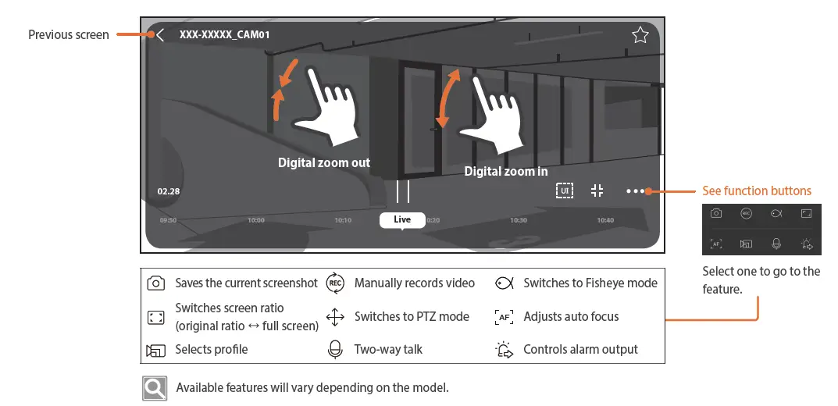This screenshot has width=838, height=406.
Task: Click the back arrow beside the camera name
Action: [x=160, y=35]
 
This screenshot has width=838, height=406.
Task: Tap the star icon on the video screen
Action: [x=640, y=35]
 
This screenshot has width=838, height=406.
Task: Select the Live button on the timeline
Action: [x=402, y=220]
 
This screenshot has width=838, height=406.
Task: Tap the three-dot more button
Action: [x=635, y=191]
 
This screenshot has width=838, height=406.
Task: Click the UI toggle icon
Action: [x=565, y=191]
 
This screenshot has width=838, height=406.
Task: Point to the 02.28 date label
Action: [x=169, y=191]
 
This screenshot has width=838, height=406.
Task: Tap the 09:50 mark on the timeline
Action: [x=168, y=221]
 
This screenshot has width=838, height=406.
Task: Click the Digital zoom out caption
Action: [x=324, y=163]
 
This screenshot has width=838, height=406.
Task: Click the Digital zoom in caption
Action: [x=506, y=171]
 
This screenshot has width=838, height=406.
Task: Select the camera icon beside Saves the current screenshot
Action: [x=156, y=283]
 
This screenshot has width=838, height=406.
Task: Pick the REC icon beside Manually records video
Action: [x=335, y=283]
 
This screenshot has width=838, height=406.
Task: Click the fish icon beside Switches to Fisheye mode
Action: [x=504, y=283]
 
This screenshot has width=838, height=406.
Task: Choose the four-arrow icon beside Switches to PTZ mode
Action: [x=335, y=317]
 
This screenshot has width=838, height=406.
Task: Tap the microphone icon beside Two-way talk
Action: [x=335, y=350]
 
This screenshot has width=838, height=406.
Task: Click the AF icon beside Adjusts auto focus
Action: [x=505, y=317]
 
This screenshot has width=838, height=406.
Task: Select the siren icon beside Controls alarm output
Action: [x=505, y=350]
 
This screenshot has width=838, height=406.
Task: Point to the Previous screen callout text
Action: [x=69, y=35]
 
